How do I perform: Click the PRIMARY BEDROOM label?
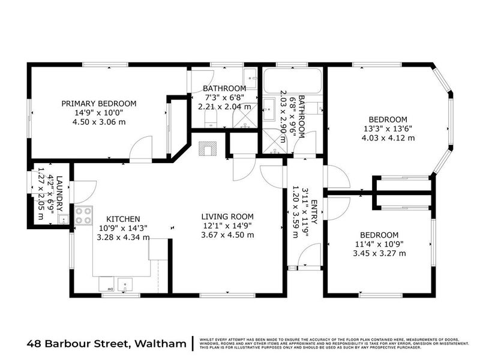click(99, 103)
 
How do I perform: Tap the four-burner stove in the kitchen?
click(83, 214)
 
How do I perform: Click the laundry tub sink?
click(62, 218)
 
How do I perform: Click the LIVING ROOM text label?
click(227, 217)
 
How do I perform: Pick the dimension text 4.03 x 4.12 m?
click(388, 137)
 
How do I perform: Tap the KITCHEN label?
click(123, 219)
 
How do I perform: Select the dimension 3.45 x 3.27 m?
click(379, 253)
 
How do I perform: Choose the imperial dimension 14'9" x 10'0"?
click(99, 112)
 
